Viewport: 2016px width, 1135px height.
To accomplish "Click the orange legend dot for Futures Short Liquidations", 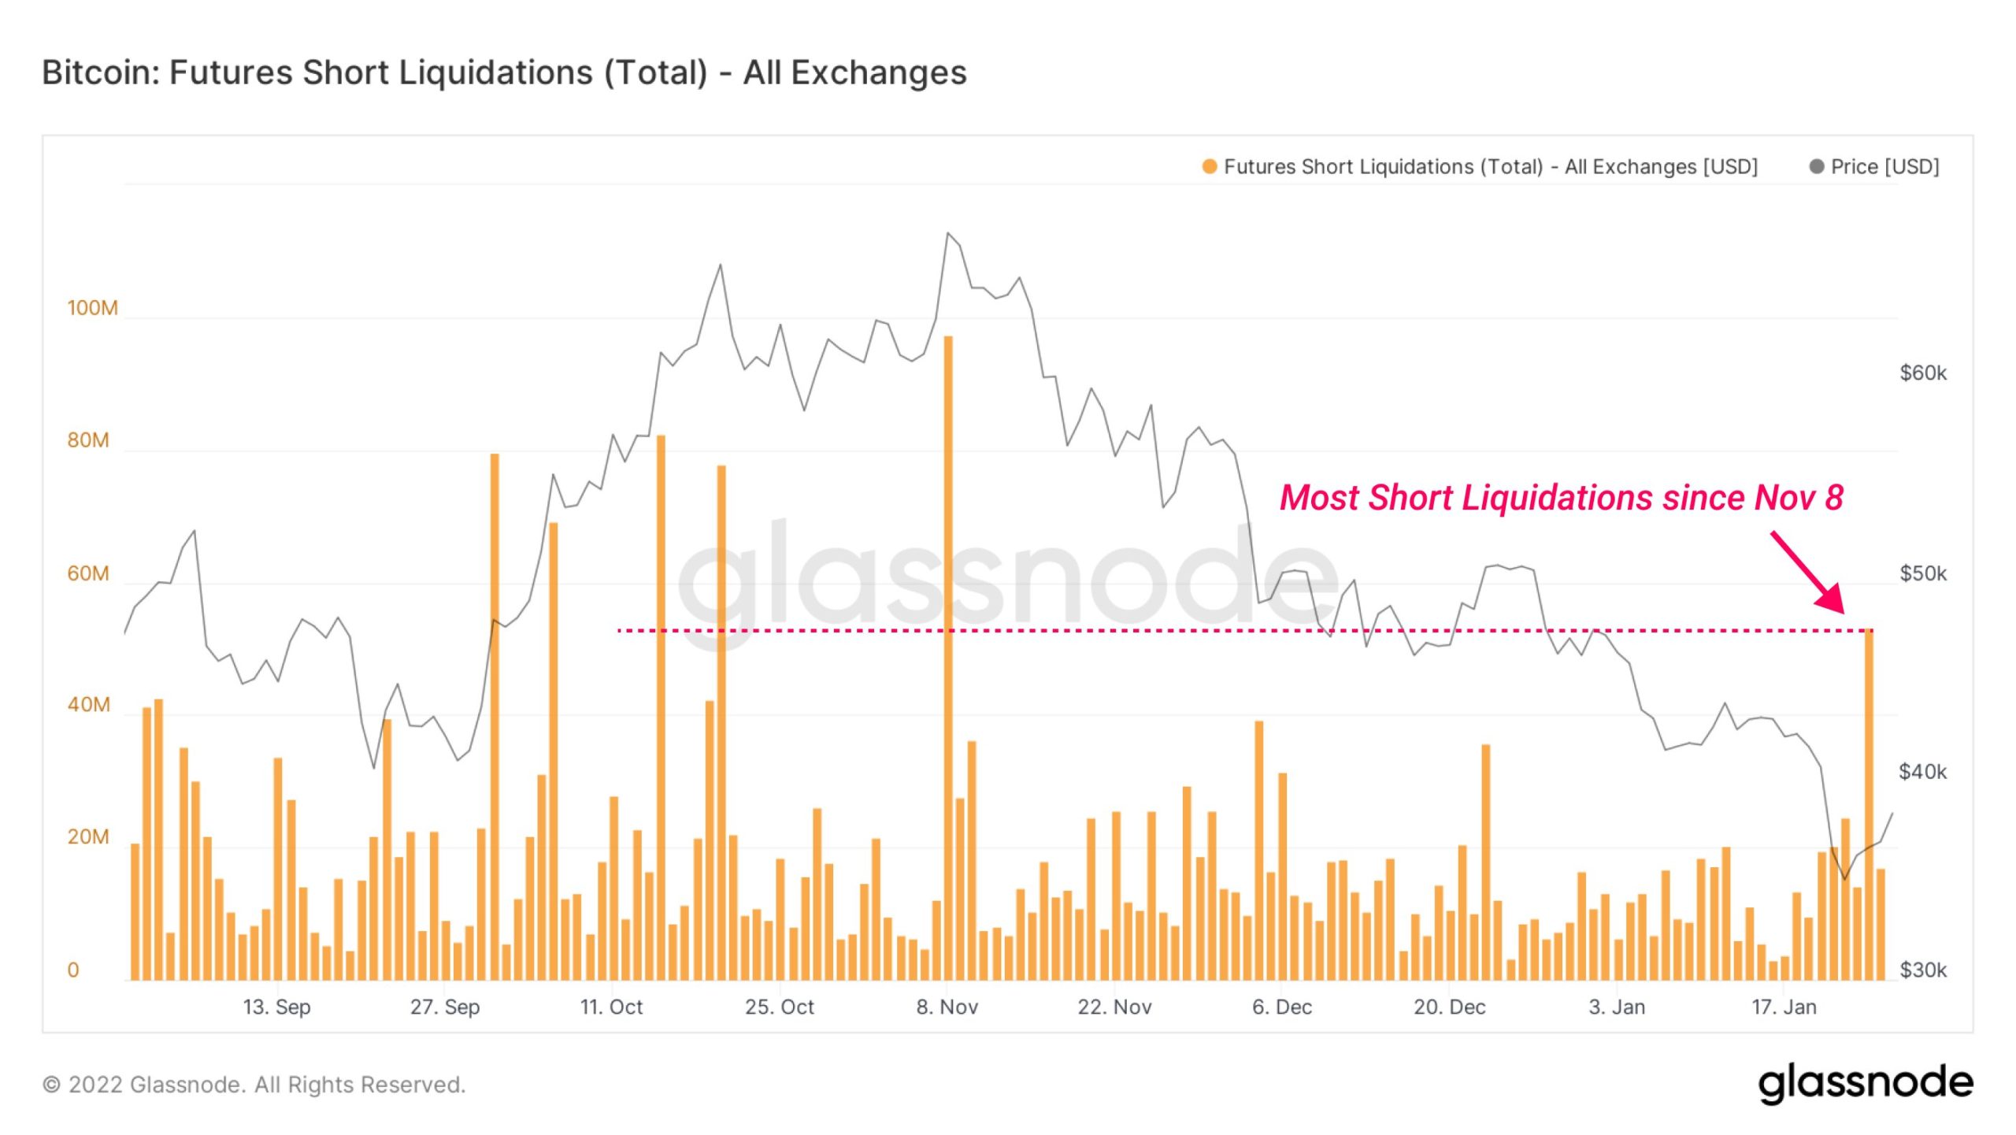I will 1209,166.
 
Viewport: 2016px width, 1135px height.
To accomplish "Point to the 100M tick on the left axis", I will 92,308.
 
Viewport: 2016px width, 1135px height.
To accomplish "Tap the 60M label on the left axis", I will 87,573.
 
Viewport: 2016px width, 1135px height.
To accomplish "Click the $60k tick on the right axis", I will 1922,373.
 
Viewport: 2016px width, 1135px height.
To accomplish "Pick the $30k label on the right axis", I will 1922,970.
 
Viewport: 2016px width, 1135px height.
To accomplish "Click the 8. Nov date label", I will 947,1007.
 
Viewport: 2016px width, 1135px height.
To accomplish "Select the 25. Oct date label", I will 779,1007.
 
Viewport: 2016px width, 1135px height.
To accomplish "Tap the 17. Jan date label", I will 1784,1007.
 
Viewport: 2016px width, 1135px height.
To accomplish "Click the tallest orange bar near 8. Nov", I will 948,630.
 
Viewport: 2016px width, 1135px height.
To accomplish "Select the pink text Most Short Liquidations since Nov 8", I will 1561,498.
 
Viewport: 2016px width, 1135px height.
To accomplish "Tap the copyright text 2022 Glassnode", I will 254,1085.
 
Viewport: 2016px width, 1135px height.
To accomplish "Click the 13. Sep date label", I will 276,1007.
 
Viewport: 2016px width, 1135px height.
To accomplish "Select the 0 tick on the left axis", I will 73,970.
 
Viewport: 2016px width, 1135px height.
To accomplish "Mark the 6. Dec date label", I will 1281,1007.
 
